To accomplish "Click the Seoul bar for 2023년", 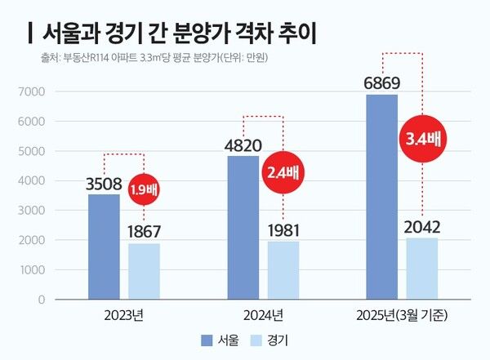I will point(104,247).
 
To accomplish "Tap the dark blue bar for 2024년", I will point(243,227).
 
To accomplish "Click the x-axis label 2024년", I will point(264,315).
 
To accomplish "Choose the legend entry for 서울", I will point(220,339).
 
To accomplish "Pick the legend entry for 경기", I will point(278,339).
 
